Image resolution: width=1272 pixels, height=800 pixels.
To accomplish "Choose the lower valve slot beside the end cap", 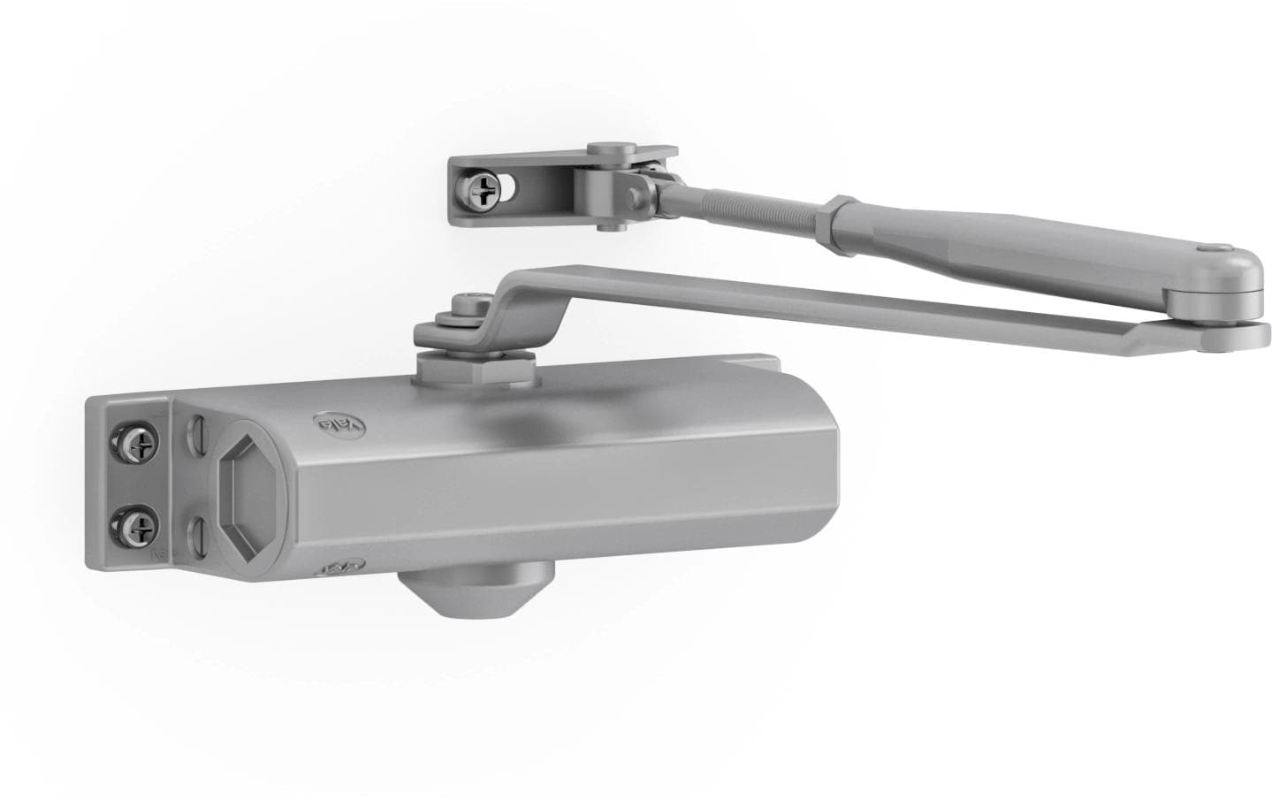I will point(199,533).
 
